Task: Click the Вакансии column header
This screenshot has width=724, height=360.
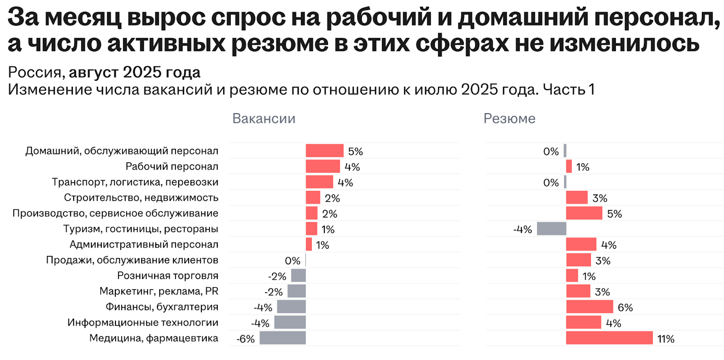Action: [264, 118]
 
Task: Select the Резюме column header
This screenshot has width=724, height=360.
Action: [509, 118]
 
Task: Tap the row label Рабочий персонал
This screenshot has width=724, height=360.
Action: [172, 166]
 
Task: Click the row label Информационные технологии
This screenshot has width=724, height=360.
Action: [143, 322]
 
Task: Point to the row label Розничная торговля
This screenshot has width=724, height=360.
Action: [168, 276]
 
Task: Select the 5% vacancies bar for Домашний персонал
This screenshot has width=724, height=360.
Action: [324, 151]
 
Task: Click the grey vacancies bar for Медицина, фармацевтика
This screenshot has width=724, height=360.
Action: [282, 338]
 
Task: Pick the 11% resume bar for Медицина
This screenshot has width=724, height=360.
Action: [609, 338]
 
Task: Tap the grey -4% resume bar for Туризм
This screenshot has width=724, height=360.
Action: [551, 229]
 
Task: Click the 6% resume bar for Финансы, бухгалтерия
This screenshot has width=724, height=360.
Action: [589, 307]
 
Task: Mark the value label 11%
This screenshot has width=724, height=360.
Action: [666, 339]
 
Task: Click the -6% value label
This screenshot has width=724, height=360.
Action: [246, 339]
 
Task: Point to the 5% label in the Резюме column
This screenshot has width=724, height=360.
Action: [614, 214]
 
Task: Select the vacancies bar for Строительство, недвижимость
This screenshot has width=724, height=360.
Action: [313, 198]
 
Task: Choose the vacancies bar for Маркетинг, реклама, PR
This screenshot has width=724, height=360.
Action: [296, 291]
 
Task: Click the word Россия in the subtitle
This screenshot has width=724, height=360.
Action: [34, 72]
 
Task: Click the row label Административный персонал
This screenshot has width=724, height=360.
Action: [144, 245]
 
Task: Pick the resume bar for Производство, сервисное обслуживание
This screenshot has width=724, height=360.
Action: [584, 213]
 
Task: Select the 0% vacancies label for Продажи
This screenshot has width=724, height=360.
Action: [292, 261]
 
